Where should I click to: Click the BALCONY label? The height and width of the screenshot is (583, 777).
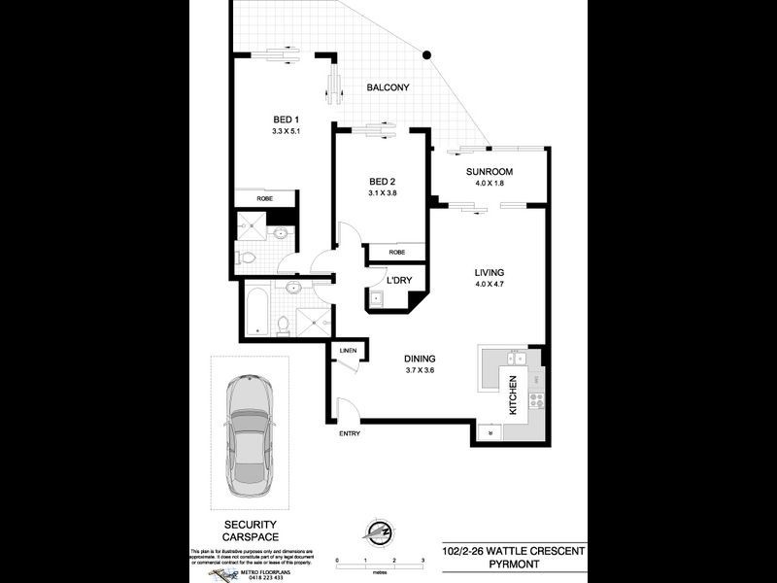pyautogui.click(x=388, y=88)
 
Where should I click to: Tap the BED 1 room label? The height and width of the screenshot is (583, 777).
pyautogui.click(x=286, y=120)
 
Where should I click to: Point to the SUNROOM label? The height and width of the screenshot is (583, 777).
pyautogui.click(x=488, y=172)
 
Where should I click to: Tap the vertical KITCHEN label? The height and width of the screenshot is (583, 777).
pyautogui.click(x=512, y=394)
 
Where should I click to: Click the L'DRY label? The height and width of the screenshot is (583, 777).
pyautogui.click(x=398, y=281)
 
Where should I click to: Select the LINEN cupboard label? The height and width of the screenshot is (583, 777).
pyautogui.click(x=348, y=350)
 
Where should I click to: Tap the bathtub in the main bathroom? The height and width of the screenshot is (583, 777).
pyautogui.click(x=257, y=310)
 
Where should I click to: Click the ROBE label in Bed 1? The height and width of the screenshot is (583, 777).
pyautogui.click(x=264, y=199)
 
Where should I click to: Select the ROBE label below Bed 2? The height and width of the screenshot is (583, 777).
pyautogui.click(x=396, y=252)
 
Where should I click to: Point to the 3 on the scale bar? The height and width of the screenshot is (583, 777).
pyautogui.click(x=423, y=562)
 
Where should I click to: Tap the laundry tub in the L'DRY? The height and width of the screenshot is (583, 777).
pyautogui.click(x=376, y=300)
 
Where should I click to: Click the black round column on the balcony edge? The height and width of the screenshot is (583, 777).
pyautogui.click(x=424, y=54)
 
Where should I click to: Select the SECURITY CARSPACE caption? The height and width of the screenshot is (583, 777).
pyautogui.click(x=249, y=531)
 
